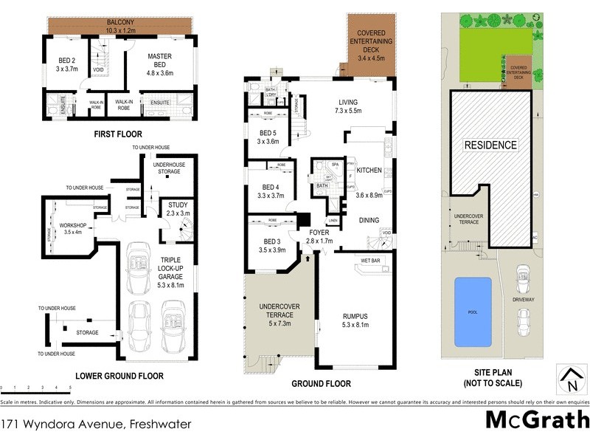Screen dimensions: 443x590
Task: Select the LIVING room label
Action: point(347,106)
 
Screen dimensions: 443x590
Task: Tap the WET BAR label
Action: point(369,261)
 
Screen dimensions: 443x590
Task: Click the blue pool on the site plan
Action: point(473,312)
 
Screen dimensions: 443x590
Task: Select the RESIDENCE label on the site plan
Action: point(490,145)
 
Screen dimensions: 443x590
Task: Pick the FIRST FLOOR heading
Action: point(118,134)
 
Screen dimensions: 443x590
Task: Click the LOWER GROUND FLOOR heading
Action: point(119,376)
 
